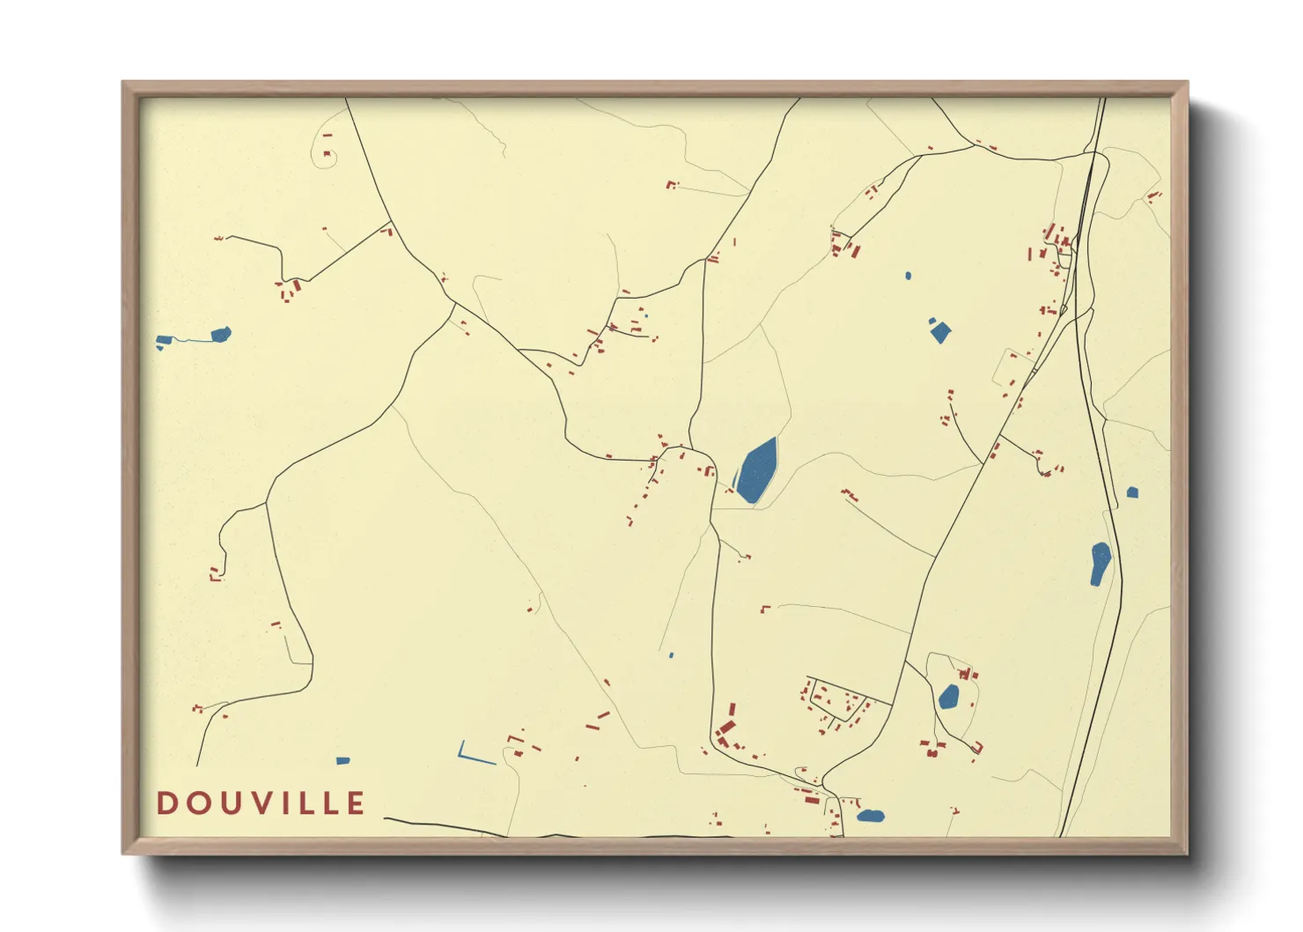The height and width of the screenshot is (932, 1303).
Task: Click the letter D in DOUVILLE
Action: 166,803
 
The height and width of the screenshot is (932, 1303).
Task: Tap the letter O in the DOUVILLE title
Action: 196,803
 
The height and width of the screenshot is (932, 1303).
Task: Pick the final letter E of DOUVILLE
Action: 356,803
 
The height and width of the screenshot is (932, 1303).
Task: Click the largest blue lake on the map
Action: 756,470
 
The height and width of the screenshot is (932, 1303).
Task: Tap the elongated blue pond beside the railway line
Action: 1100,564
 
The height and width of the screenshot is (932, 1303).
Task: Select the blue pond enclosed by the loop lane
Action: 948,697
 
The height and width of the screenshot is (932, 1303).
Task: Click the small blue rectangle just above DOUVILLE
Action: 343,760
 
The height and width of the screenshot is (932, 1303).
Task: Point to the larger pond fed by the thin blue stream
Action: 221,335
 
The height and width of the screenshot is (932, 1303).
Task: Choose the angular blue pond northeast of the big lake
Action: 940,331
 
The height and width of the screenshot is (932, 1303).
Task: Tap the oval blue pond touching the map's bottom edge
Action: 870,816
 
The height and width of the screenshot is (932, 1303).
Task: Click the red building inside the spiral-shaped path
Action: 328,155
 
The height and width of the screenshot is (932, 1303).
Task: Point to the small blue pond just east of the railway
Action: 1132,492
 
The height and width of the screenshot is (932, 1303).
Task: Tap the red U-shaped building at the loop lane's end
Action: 976,748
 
